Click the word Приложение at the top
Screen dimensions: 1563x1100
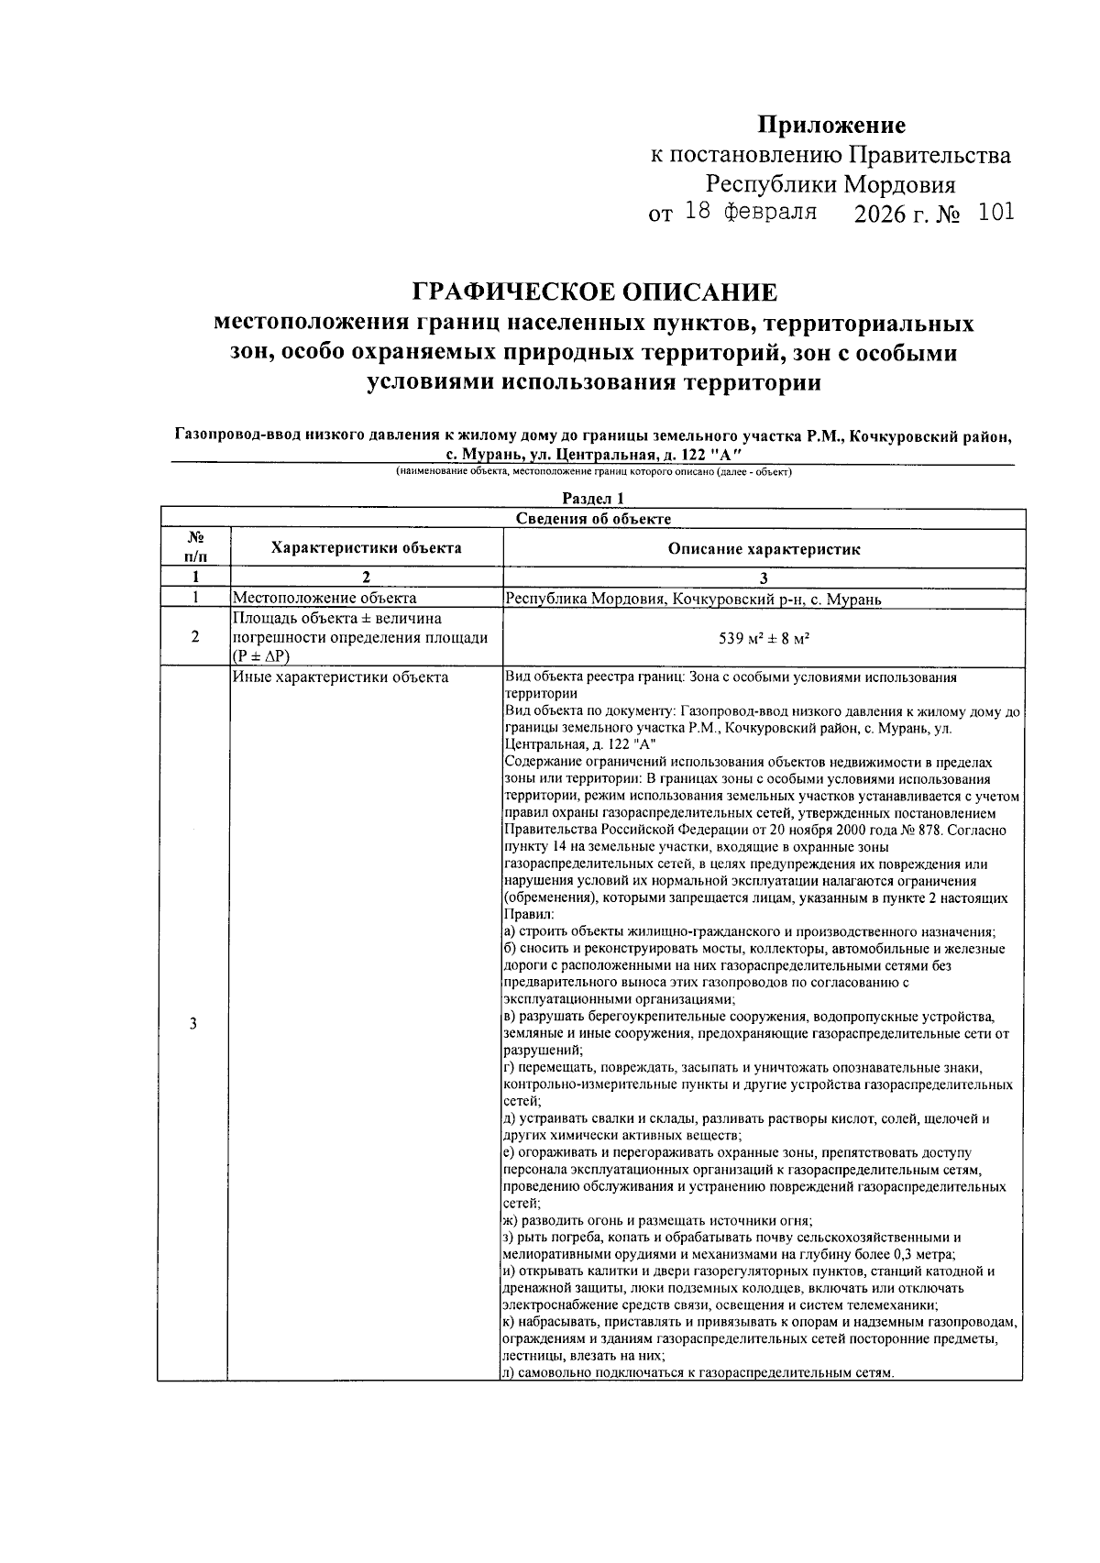coord(830,125)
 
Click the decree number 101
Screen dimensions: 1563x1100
coord(995,213)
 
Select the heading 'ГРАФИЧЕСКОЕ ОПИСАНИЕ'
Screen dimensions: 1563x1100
coord(594,292)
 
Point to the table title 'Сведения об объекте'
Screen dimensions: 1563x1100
coord(593,519)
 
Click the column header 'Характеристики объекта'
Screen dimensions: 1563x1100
coord(366,548)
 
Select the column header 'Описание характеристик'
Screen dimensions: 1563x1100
coord(764,549)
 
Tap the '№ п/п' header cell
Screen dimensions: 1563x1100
coord(193,548)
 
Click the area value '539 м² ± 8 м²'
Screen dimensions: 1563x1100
coord(764,638)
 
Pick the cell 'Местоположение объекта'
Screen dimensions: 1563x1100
coord(324,600)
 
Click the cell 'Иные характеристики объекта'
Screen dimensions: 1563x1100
coord(340,677)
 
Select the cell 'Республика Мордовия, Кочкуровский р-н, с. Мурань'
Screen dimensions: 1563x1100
coord(693,600)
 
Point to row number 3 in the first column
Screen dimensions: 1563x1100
coord(193,1024)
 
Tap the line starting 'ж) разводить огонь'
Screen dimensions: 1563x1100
coord(658,1220)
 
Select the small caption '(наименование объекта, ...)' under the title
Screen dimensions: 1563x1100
coord(593,472)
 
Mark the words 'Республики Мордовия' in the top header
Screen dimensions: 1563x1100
coord(830,184)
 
